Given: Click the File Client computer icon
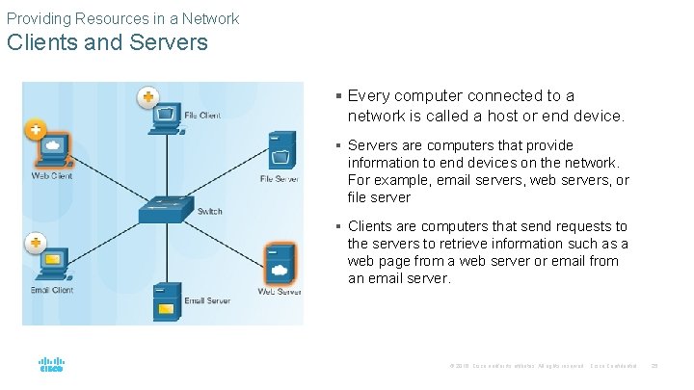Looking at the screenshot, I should coord(167,117).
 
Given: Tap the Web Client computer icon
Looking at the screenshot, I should coord(55,149).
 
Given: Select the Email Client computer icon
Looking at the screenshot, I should coord(53,262).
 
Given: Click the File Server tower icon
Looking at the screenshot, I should coord(281,152).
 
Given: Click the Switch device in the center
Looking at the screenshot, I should coord(163,209).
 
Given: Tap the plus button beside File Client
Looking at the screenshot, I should coord(147,96).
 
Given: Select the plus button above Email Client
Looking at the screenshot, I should coord(36,241).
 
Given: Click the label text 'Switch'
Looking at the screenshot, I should coord(209,212).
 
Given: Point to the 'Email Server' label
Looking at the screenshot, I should coord(207,301).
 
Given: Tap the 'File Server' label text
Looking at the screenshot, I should coord(280,179).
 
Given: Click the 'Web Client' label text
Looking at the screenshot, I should coord(52,175).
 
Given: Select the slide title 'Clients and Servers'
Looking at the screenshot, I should coord(106,42).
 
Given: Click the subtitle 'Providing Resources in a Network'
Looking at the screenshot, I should coord(122,17).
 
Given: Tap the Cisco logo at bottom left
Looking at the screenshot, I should coord(51,365).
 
